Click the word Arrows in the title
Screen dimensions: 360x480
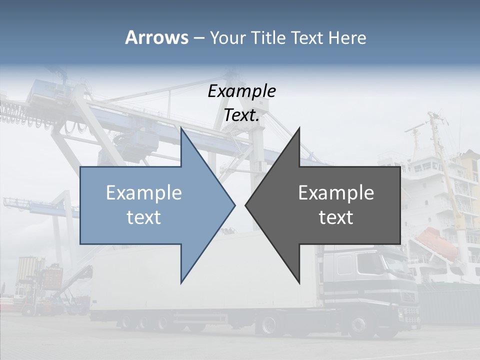point(156,37)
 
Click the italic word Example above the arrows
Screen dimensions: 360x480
point(241,91)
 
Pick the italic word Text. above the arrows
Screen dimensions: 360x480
point(241,115)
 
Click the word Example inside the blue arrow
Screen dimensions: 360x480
point(144,192)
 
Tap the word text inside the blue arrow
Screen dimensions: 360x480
point(144,217)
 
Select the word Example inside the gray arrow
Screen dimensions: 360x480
point(336,192)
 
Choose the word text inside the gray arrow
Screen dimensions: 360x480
point(336,217)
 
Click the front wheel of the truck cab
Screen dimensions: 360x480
point(360,325)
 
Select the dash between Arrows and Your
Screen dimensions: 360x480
point(198,38)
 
